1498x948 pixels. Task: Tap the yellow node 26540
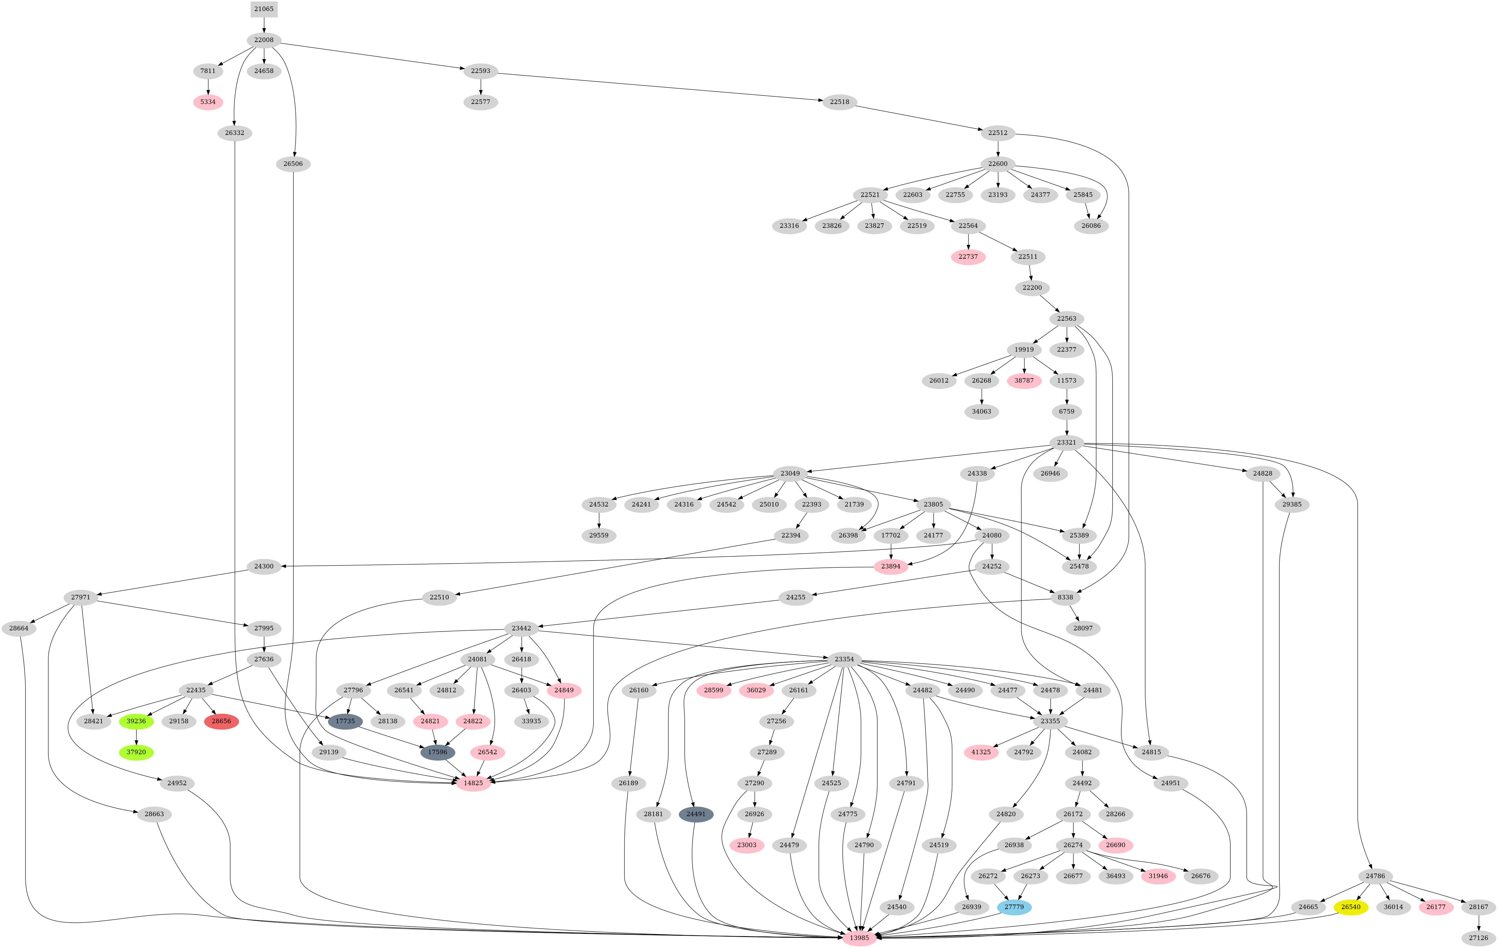click(1351, 907)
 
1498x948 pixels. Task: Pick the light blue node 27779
click(1014, 907)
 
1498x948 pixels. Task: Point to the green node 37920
click(136, 752)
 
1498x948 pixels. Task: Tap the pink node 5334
click(208, 102)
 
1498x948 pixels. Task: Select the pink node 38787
click(1024, 381)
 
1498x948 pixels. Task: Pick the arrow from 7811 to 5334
click(208, 86)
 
